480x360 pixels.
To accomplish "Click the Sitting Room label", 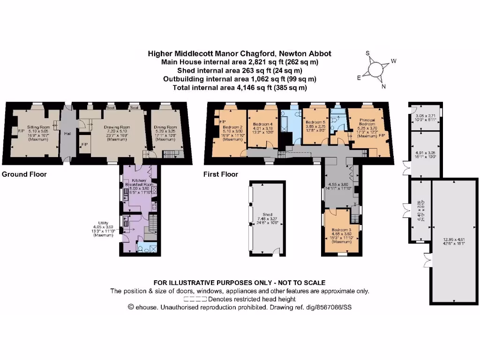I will click(38, 127).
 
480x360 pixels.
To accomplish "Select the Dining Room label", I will click(166, 127).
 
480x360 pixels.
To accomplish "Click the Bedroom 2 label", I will click(232, 127).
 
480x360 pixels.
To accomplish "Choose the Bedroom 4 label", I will click(263, 124).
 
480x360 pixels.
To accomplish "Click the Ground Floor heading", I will click(24, 174).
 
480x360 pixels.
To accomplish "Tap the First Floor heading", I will click(220, 174).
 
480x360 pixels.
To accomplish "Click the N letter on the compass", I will click(383, 86).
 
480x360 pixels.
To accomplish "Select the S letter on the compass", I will click(368, 53).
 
